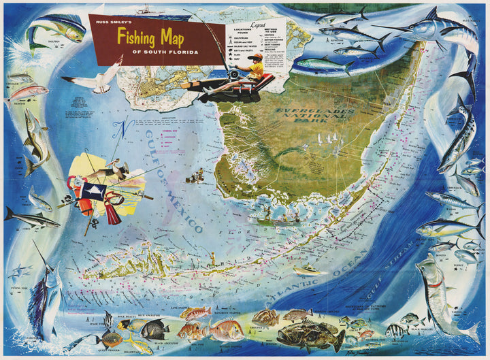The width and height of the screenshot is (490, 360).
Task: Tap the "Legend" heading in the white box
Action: [x=259, y=25]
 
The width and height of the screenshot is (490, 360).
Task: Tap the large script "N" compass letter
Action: [x=121, y=129]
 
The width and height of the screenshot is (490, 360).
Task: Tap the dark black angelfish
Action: [x=154, y=329]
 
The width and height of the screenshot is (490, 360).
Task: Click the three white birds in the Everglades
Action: [x=325, y=139]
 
